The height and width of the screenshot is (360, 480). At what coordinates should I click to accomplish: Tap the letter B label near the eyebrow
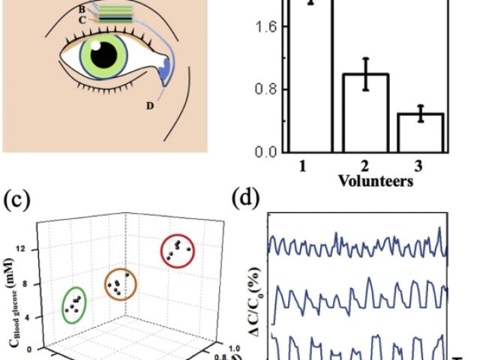click(x=82, y=9)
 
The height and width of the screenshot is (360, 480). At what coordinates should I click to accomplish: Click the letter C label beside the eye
click(x=82, y=20)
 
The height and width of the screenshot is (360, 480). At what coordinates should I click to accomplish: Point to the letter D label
click(x=150, y=106)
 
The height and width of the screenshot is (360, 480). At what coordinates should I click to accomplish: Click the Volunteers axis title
click(x=375, y=181)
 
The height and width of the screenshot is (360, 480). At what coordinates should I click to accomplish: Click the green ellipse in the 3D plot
click(x=73, y=303)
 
